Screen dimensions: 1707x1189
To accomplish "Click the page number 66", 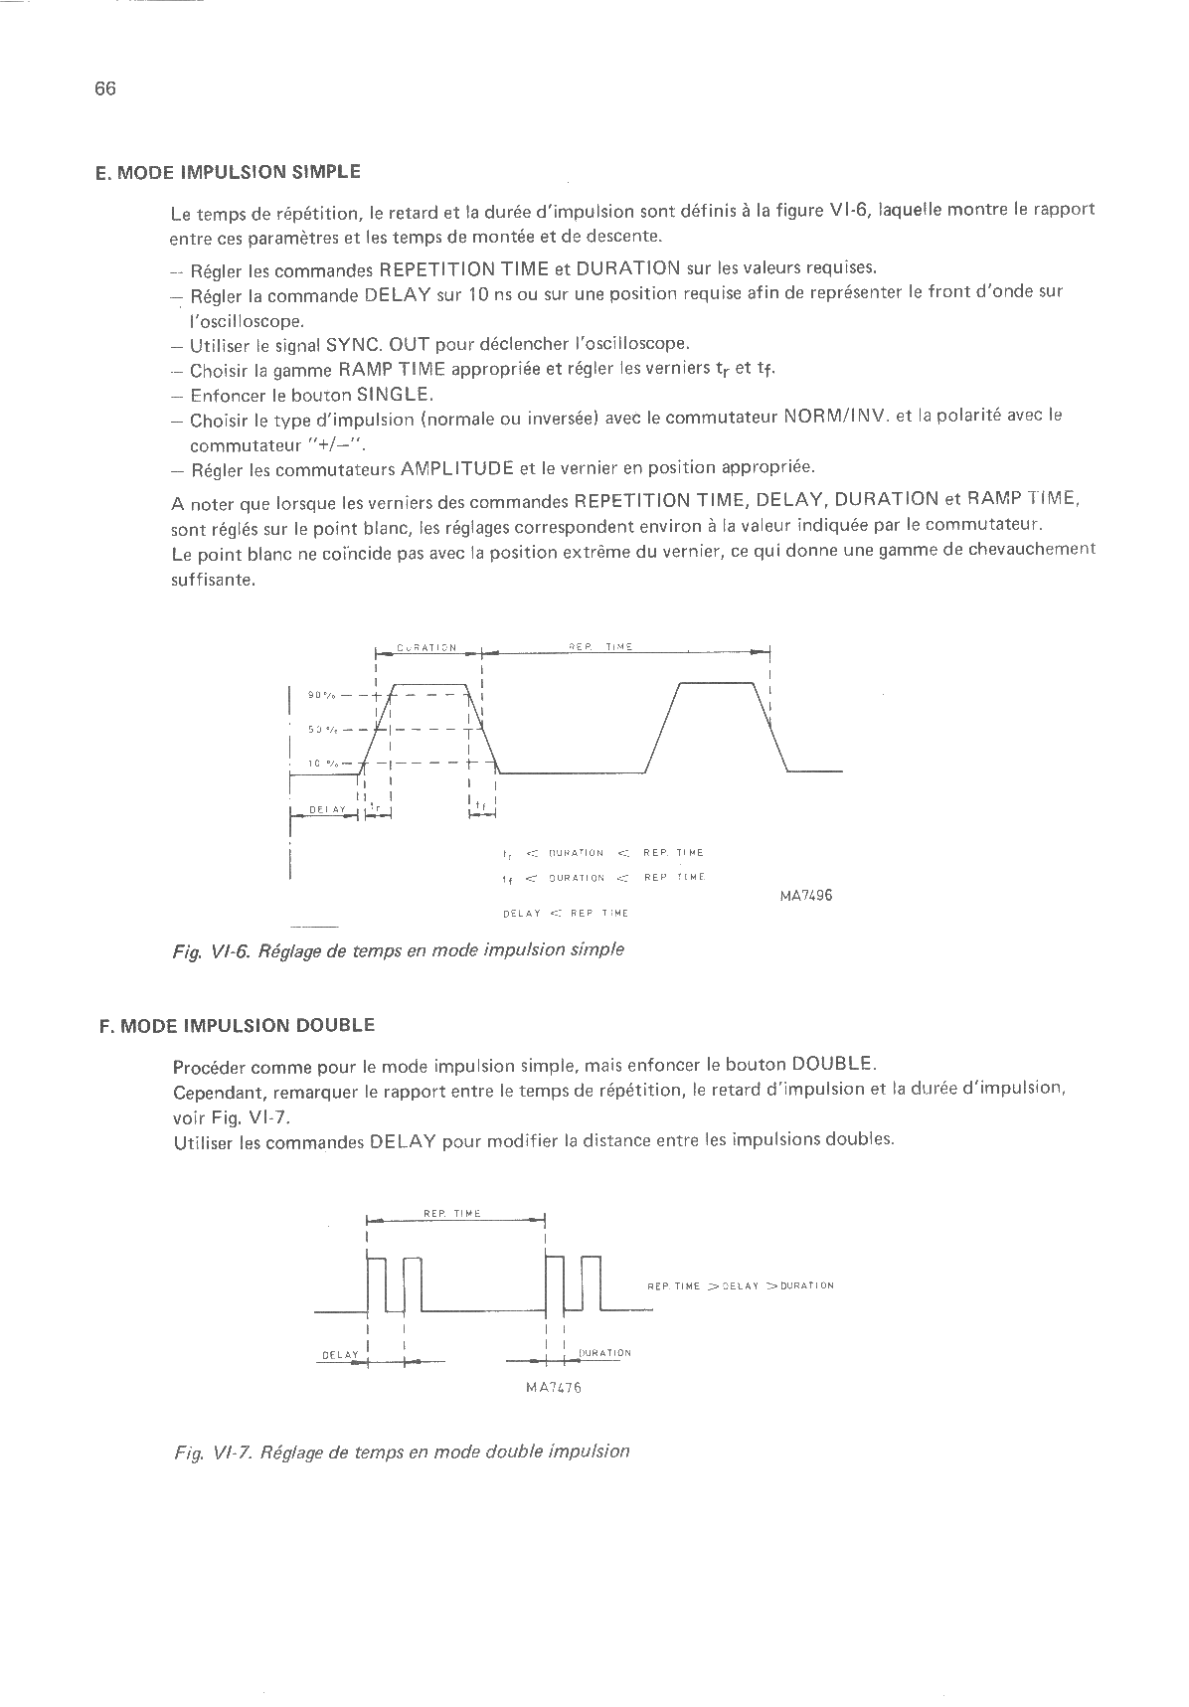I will tap(105, 88).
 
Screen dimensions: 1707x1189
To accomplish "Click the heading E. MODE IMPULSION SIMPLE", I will tap(228, 171).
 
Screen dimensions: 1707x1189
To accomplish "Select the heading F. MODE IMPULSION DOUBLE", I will tap(237, 1025).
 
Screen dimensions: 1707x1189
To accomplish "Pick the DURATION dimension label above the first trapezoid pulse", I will tap(426, 648).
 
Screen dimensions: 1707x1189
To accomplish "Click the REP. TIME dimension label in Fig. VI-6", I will tap(600, 647).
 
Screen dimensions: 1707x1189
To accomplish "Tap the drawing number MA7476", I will tap(553, 1388).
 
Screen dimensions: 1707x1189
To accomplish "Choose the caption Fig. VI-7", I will tap(402, 1451).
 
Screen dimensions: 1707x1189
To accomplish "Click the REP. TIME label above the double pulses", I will tap(452, 1214).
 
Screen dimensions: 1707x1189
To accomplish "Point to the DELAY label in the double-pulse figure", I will tap(340, 1355).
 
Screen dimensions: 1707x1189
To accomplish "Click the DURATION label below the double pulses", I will tap(604, 1353).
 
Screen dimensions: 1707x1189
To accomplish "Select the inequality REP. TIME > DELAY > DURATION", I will tap(740, 1285).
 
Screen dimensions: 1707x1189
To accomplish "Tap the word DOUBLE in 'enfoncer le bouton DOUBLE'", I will tap(833, 1062).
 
